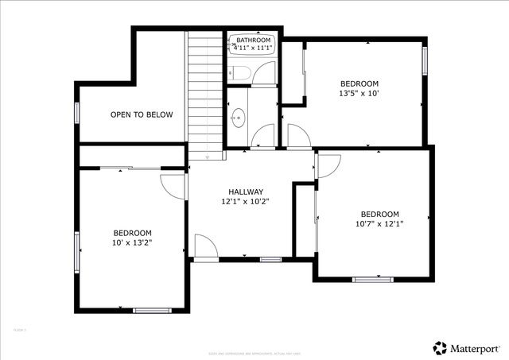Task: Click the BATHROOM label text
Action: [x=254, y=40]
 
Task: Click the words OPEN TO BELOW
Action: [x=141, y=114]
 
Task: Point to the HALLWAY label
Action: [x=245, y=192]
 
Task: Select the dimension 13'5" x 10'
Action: [x=359, y=94]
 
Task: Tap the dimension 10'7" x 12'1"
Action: [x=379, y=224]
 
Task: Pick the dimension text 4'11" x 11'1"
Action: [x=254, y=48]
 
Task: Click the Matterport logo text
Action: [x=477, y=347]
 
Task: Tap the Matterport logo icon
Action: [x=440, y=347]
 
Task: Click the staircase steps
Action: [x=204, y=95]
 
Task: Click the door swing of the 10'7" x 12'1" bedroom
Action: [x=328, y=165]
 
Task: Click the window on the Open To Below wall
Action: [x=77, y=113]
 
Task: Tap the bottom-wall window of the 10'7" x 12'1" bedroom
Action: [x=372, y=279]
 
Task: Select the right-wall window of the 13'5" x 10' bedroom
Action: [x=425, y=60]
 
